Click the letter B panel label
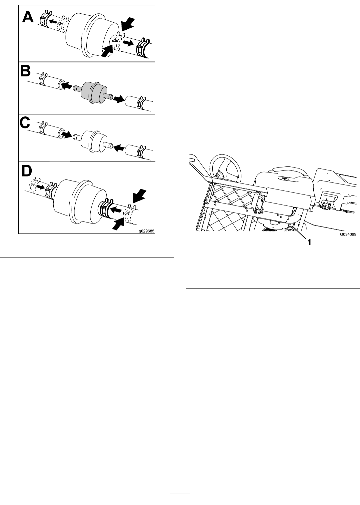tap(25, 71)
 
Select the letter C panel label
tap(25, 123)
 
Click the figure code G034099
tap(348, 234)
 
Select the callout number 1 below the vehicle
tap(310, 242)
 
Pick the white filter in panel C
tap(92, 142)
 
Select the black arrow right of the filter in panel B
tap(119, 99)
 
